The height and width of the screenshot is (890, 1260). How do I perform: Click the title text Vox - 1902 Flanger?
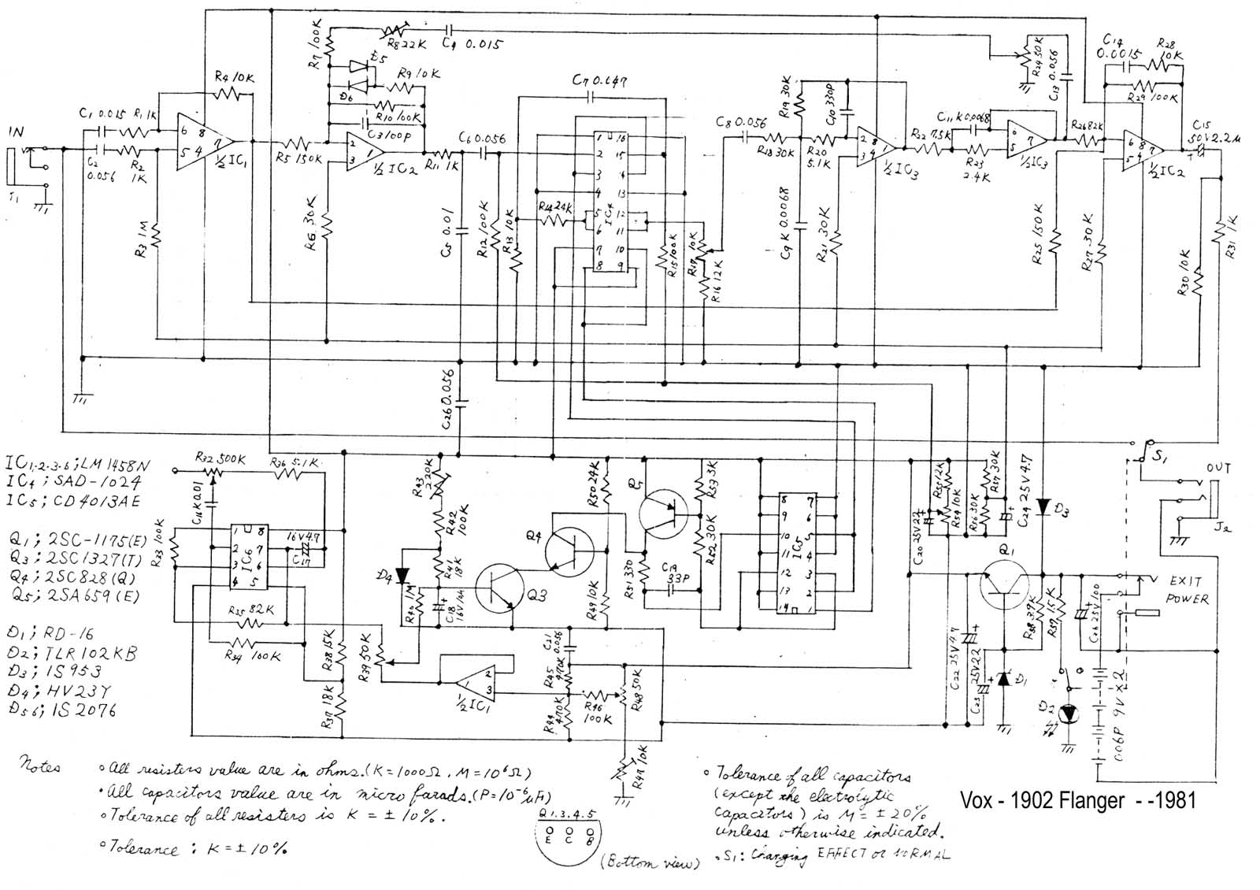coord(1077,800)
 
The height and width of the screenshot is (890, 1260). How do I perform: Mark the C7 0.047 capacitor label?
coord(600,81)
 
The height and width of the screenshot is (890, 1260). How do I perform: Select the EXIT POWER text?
coord(1184,590)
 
